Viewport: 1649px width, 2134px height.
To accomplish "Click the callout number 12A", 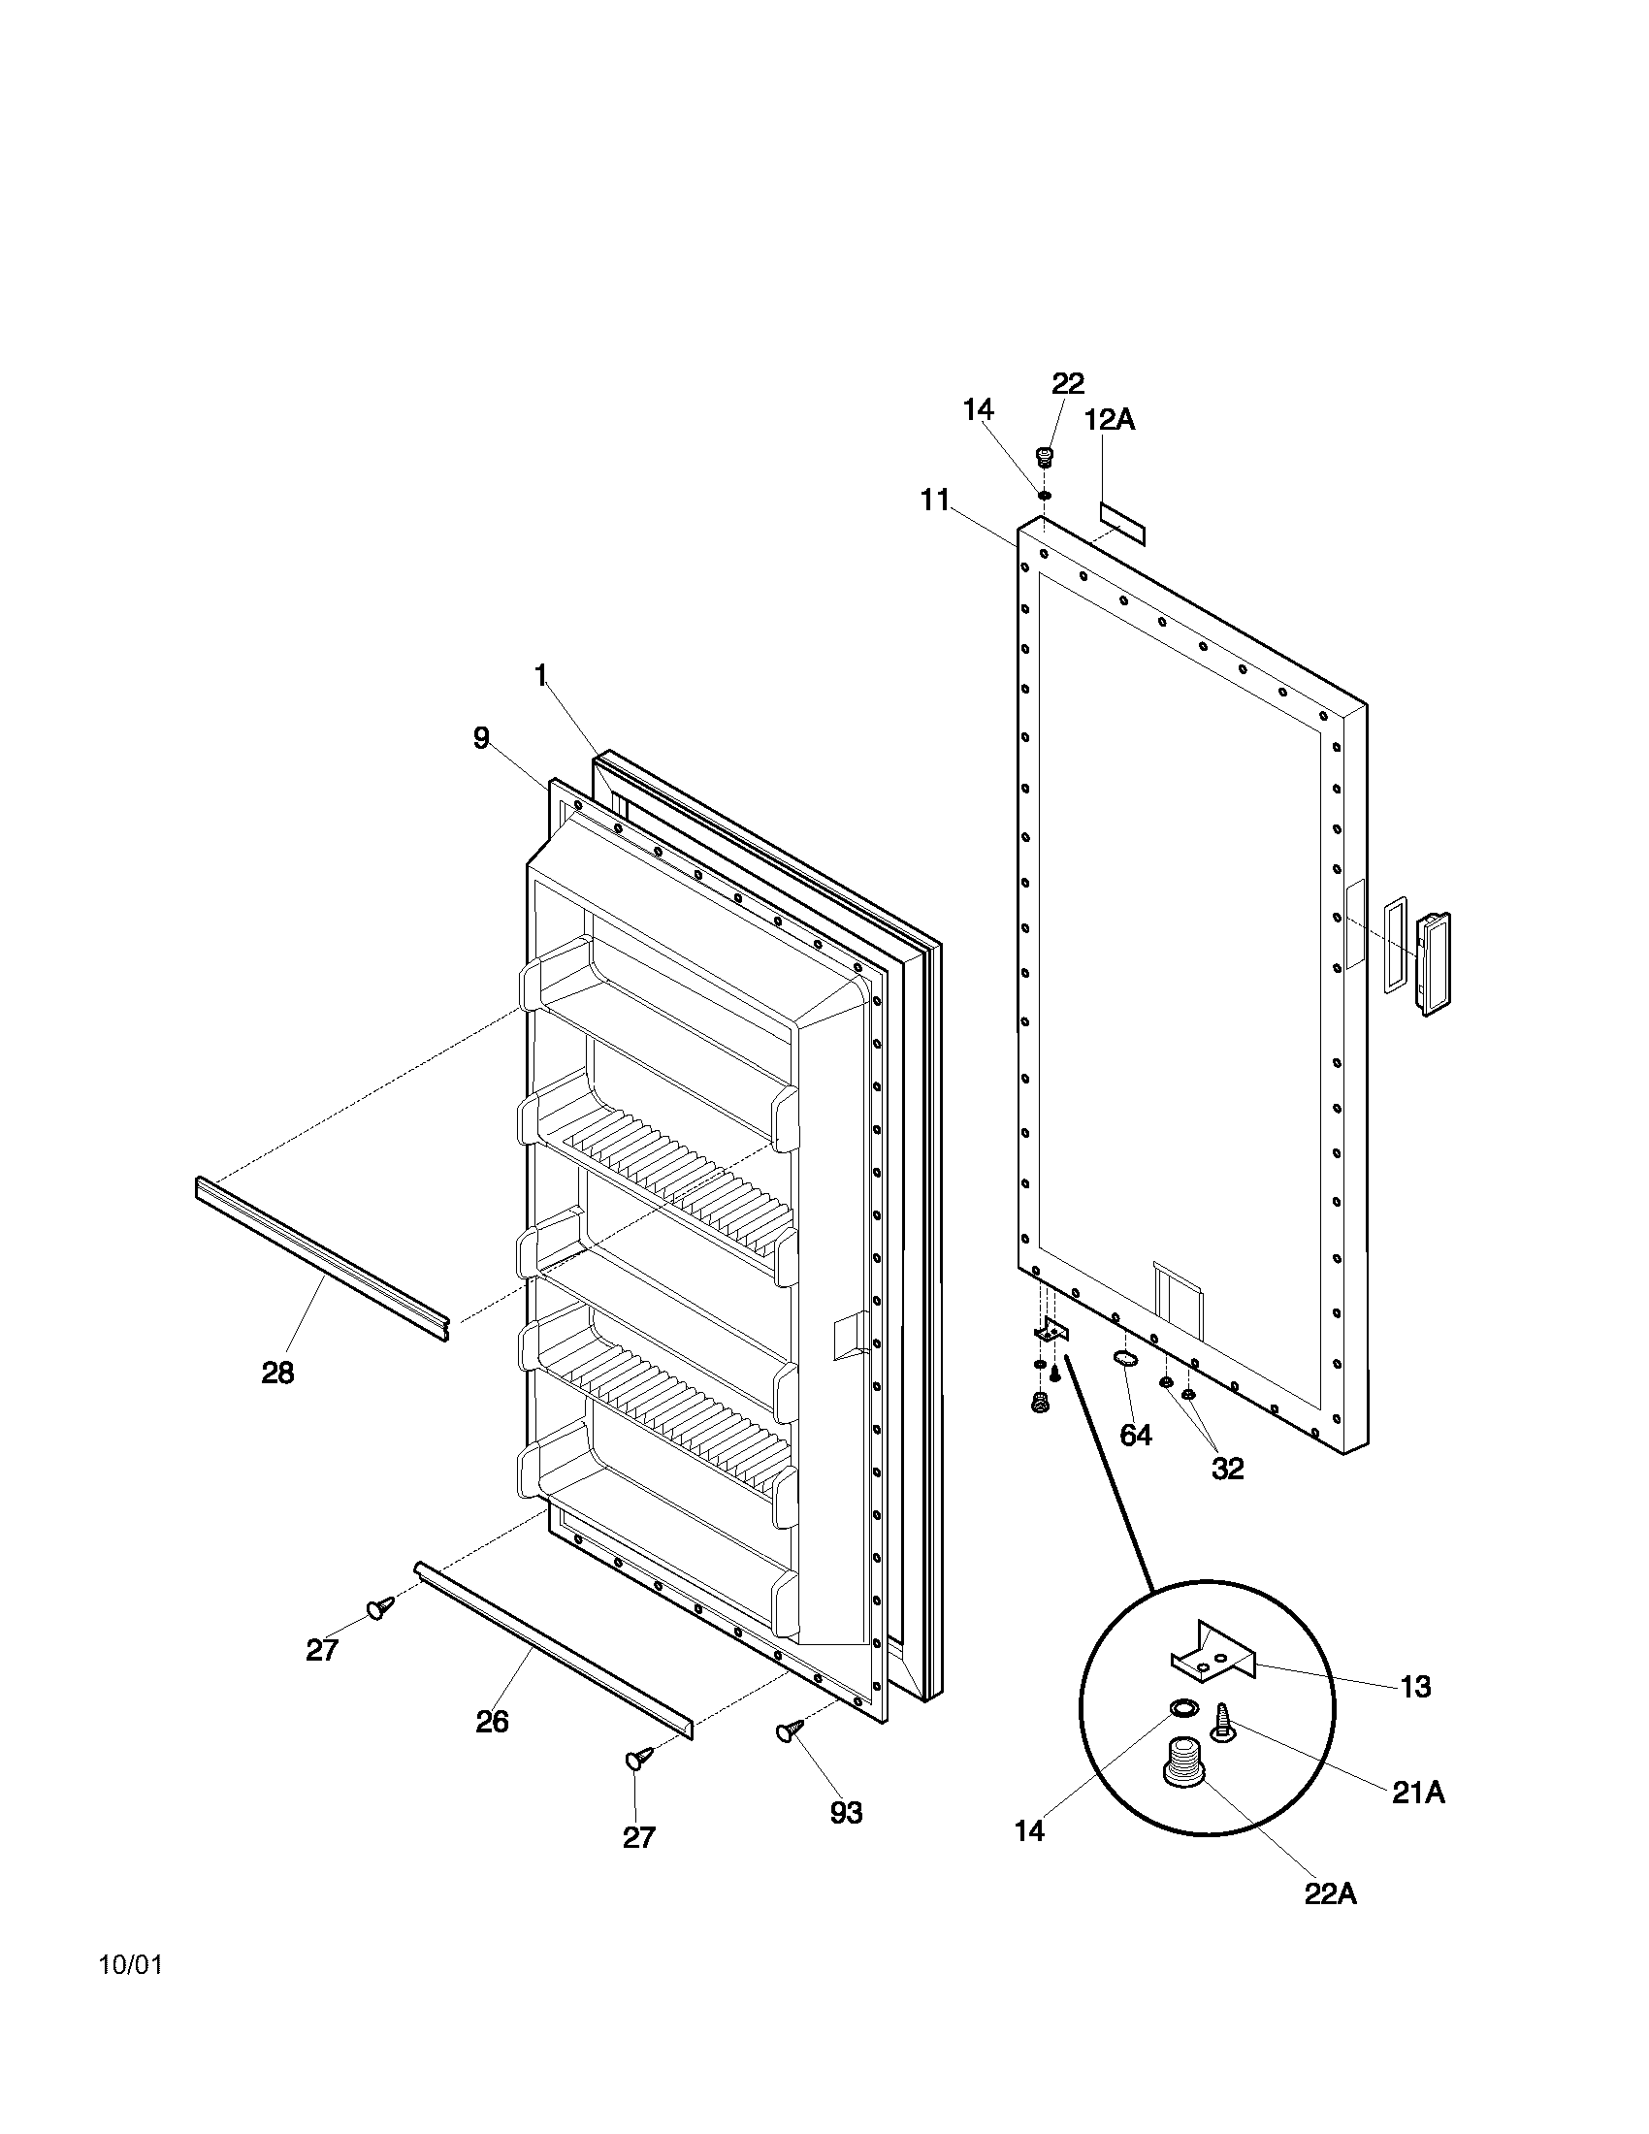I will click(1110, 420).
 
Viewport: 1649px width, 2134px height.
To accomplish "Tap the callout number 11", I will click(934, 501).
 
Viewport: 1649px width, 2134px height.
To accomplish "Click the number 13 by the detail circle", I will click(1414, 1686).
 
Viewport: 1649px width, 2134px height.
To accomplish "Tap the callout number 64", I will click(1135, 1435).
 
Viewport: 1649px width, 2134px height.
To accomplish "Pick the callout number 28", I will click(277, 1373).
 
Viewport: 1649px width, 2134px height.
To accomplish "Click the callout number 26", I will click(493, 1721).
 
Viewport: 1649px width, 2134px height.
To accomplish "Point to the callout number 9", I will click(480, 738).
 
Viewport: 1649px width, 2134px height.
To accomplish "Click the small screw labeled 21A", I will click(1222, 1722).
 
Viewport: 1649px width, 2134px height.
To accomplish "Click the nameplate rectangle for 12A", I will click(1122, 525).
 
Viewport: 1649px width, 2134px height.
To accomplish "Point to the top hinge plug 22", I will click(1046, 456).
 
